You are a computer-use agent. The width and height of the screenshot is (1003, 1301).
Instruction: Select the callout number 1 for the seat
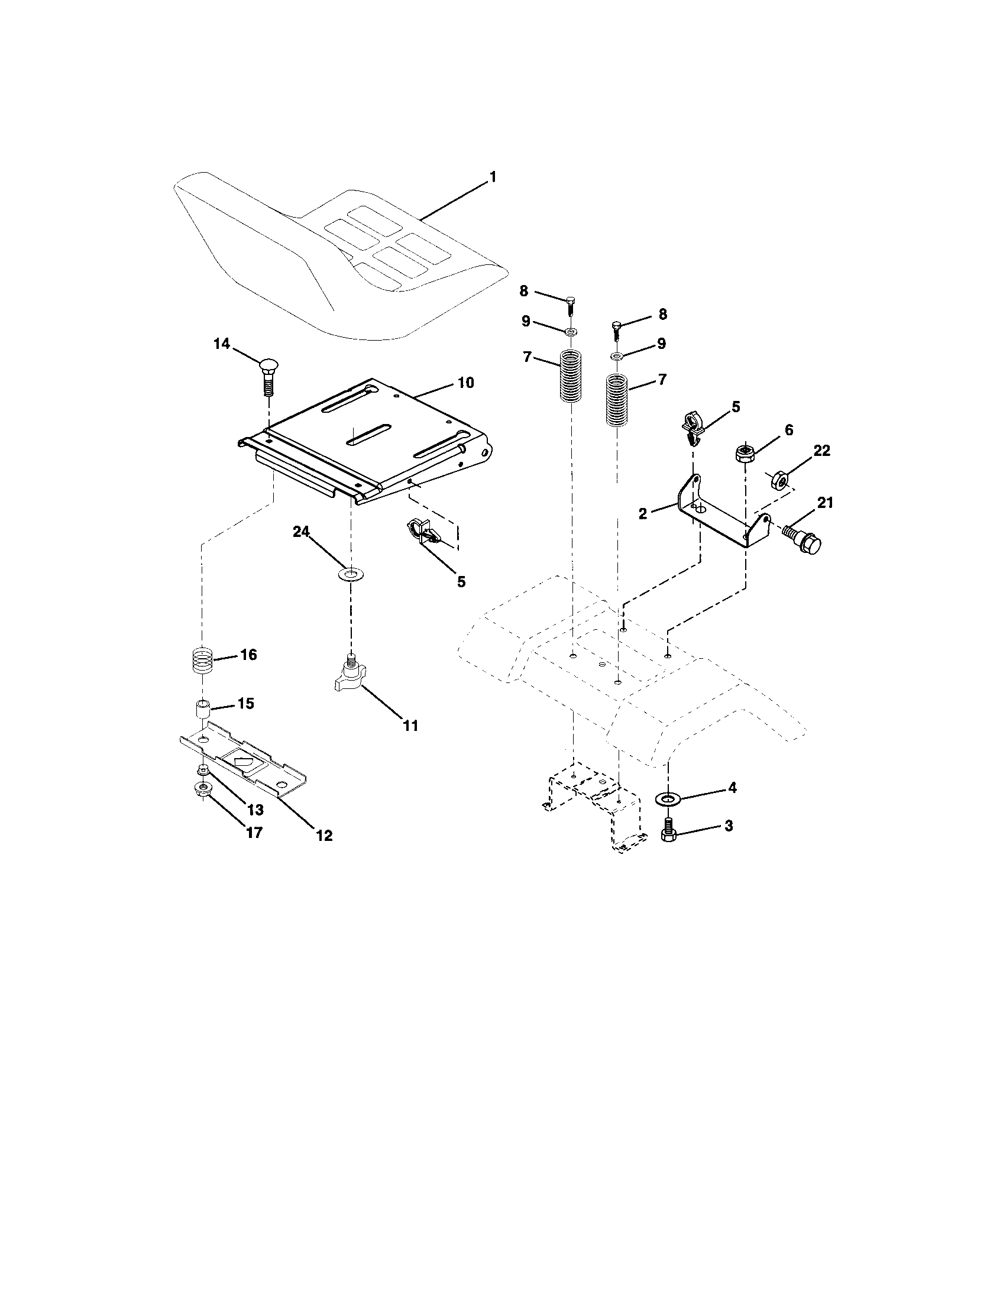click(x=493, y=177)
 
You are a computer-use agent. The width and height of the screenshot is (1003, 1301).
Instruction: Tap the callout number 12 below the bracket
click(x=324, y=835)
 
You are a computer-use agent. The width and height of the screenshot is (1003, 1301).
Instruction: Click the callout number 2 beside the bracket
click(x=642, y=513)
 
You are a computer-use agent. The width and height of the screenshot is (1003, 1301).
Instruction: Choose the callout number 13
click(x=255, y=810)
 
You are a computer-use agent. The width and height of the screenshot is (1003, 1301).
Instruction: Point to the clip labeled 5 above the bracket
click(x=691, y=427)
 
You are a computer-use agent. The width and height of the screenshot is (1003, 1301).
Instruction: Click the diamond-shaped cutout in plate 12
click(x=242, y=761)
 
